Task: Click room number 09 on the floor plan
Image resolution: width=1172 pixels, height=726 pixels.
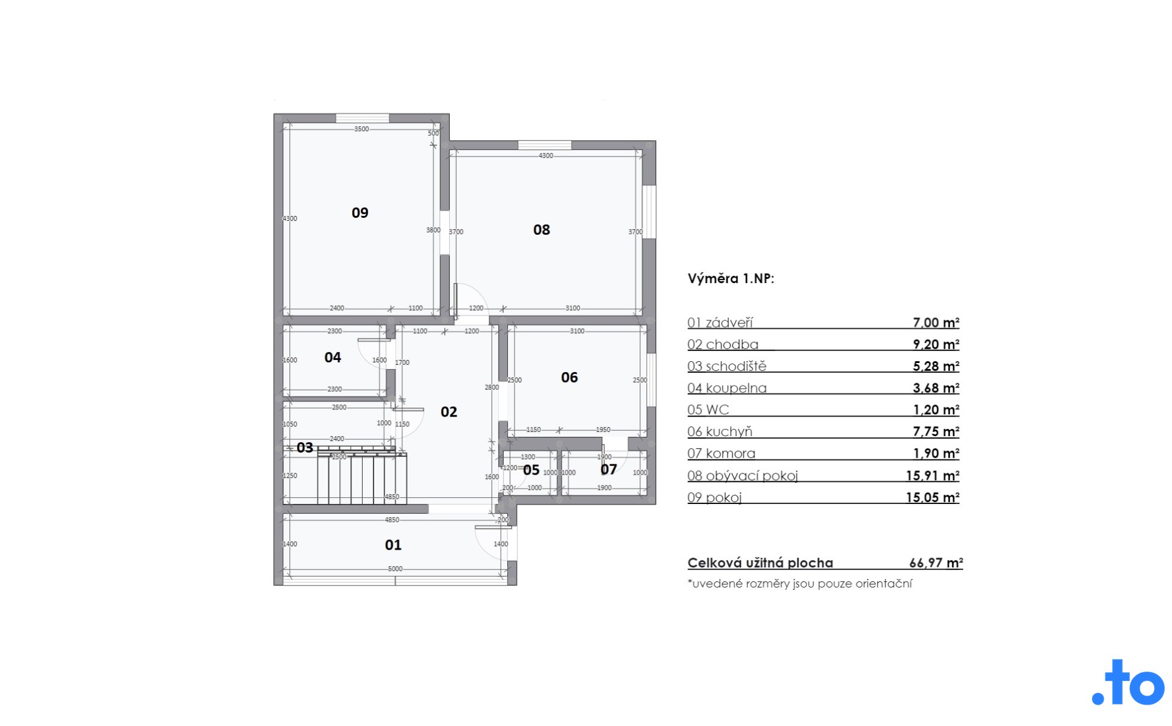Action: pyautogui.click(x=360, y=213)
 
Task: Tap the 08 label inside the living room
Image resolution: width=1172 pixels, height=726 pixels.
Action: pyautogui.click(x=541, y=230)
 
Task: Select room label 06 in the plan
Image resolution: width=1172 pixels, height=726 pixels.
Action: pyautogui.click(x=570, y=378)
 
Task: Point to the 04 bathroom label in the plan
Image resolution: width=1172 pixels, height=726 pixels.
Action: pyautogui.click(x=333, y=358)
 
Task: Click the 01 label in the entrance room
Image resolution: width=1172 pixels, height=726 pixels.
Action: pyautogui.click(x=393, y=545)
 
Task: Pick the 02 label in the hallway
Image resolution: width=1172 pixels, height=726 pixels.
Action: pyautogui.click(x=449, y=412)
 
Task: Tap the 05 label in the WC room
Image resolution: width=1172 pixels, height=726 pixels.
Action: pyautogui.click(x=531, y=470)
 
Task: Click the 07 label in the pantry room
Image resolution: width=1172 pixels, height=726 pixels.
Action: pyautogui.click(x=609, y=469)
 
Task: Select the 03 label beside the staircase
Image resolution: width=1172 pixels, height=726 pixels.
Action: pyautogui.click(x=305, y=448)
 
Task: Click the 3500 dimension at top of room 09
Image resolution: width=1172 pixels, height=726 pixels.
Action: pyautogui.click(x=361, y=129)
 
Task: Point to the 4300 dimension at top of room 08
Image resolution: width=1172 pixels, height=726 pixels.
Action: pyautogui.click(x=546, y=156)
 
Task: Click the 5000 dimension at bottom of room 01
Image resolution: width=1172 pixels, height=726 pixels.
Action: pyautogui.click(x=395, y=569)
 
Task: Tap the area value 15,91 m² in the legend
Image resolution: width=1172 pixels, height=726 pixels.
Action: pyautogui.click(x=932, y=475)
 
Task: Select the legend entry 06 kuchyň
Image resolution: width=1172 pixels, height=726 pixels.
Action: pyautogui.click(x=720, y=432)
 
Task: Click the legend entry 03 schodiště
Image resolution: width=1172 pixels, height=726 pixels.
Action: pyautogui.click(x=726, y=366)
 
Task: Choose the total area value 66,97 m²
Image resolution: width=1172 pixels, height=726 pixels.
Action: pyautogui.click(x=936, y=563)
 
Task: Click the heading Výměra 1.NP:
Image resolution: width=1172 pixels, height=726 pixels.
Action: pyautogui.click(x=731, y=279)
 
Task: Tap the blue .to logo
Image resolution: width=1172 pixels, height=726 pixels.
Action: pyautogui.click(x=1128, y=682)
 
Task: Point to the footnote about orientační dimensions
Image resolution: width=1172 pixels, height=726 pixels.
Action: pyautogui.click(x=800, y=583)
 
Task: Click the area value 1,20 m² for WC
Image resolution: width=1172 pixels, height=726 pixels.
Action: pyautogui.click(x=936, y=410)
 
